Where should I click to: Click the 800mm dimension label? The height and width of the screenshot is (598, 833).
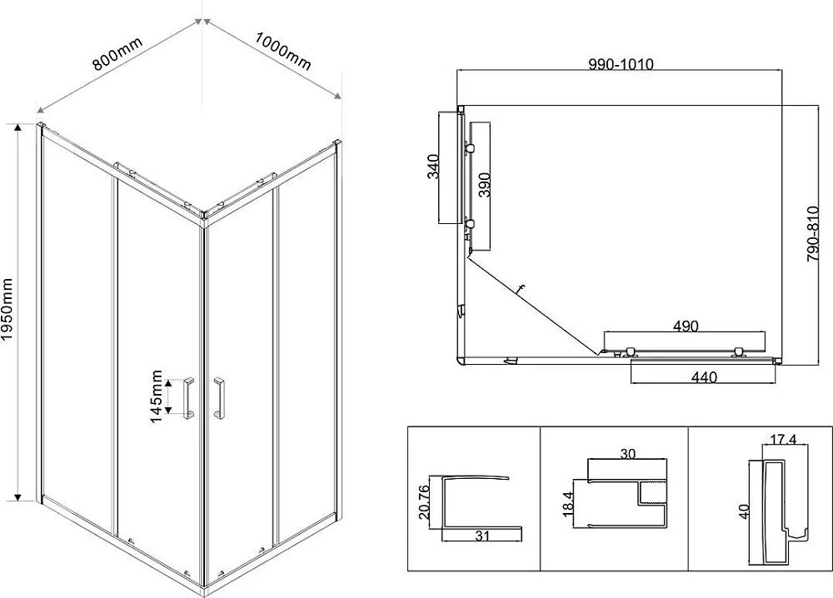[x=117, y=53]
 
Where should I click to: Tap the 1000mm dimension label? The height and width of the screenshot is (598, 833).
[x=282, y=51]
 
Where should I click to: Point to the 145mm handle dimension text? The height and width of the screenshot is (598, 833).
[x=157, y=396]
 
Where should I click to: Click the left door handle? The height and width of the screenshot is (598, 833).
[x=188, y=398]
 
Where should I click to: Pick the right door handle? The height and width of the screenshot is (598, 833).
[x=218, y=398]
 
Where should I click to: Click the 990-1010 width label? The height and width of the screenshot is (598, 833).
[x=621, y=64]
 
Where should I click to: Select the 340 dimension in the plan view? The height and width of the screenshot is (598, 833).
[x=433, y=167]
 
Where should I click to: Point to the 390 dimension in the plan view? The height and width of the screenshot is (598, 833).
[x=484, y=185]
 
